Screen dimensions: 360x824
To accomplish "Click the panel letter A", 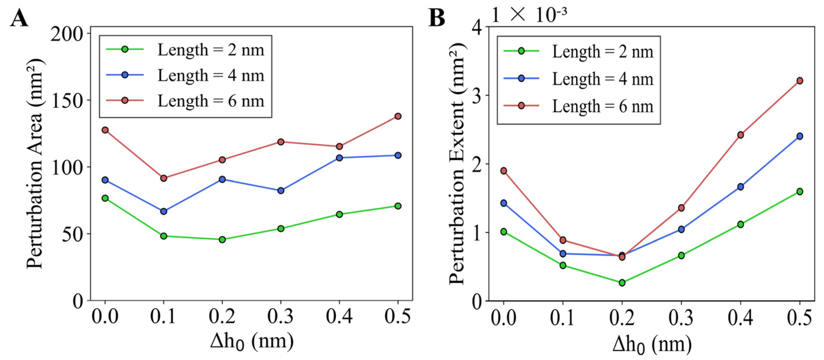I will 19,18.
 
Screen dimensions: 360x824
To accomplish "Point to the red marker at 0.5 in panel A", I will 397,116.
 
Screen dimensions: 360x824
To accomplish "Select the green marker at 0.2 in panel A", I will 222,239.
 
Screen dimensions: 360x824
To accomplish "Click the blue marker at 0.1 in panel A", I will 163,211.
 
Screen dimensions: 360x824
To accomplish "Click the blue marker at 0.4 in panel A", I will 339,158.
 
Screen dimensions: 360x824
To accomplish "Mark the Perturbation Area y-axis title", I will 35,163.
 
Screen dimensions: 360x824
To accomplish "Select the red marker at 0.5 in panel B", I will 800,81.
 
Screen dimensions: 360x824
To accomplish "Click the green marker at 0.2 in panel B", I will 622,283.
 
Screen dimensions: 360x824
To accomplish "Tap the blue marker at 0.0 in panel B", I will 504,203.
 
